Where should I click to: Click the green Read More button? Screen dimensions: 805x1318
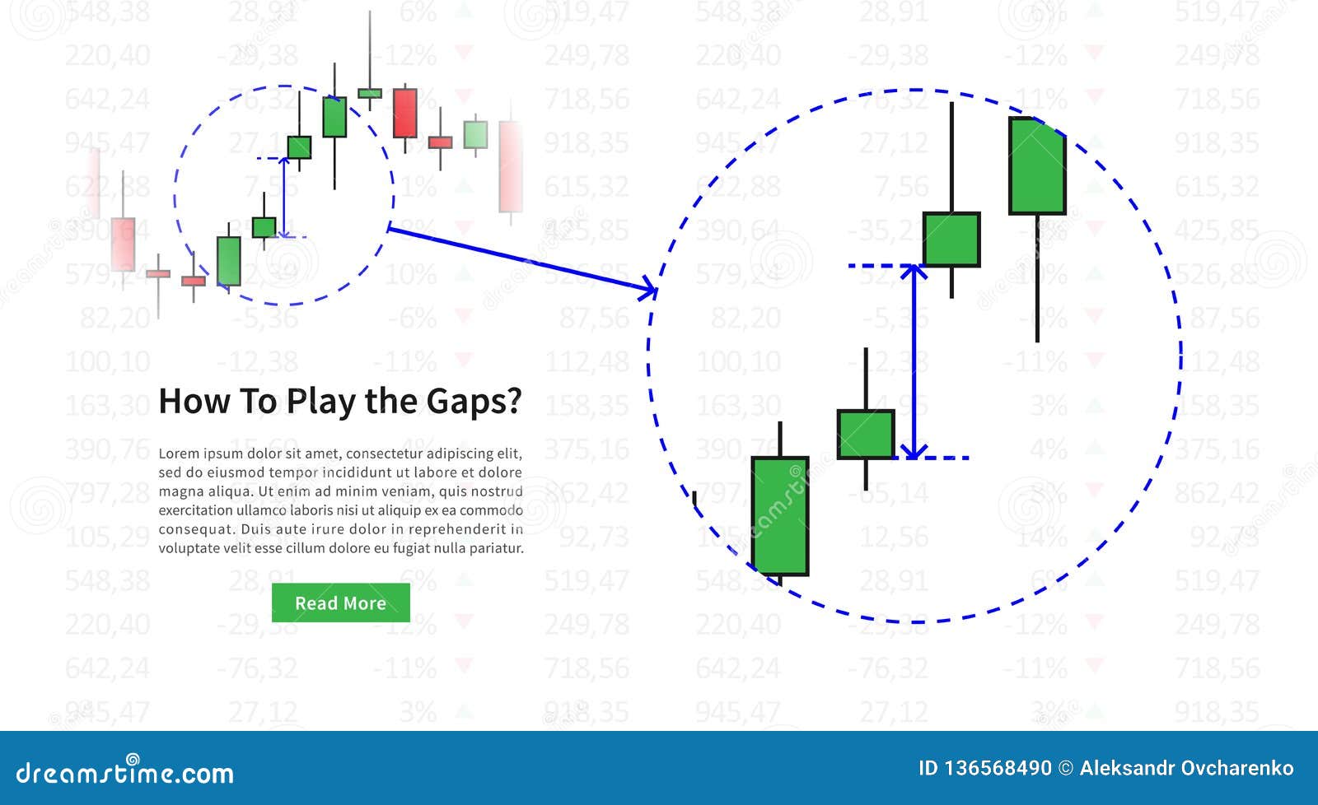coord(340,603)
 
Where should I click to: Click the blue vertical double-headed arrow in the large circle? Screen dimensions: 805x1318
coord(913,362)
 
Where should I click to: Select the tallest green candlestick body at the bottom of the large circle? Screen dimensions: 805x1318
coord(779,516)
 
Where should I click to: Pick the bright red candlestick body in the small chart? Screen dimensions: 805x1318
coord(404,113)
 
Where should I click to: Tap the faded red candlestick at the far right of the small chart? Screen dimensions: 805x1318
coord(511,166)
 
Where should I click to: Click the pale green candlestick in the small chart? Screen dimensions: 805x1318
coord(475,134)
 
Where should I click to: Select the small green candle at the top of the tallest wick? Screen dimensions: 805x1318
coord(370,93)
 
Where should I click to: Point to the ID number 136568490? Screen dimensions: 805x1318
coord(997,769)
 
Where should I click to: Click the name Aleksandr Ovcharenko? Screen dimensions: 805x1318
coord(1186,769)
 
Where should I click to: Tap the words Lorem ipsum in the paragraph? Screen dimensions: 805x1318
coord(198,454)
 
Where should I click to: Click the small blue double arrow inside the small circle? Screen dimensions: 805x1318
coord(283,198)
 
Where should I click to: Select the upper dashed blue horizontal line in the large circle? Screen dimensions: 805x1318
coord(881,266)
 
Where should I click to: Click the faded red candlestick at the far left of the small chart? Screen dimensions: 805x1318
coord(123,244)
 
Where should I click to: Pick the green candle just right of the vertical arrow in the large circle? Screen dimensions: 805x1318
coord(951,240)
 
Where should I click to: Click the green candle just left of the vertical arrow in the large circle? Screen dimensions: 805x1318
coord(866,434)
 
